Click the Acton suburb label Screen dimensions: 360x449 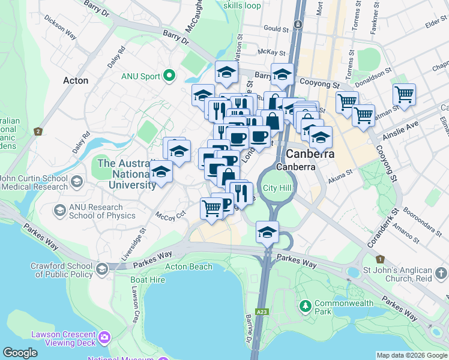(76, 80)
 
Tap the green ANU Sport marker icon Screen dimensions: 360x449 (169, 75)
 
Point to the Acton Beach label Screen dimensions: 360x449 (188, 266)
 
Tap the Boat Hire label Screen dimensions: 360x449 (148, 280)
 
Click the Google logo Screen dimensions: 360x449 (19, 353)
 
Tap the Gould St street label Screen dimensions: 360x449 (276, 28)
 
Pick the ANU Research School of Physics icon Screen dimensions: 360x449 (59, 210)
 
